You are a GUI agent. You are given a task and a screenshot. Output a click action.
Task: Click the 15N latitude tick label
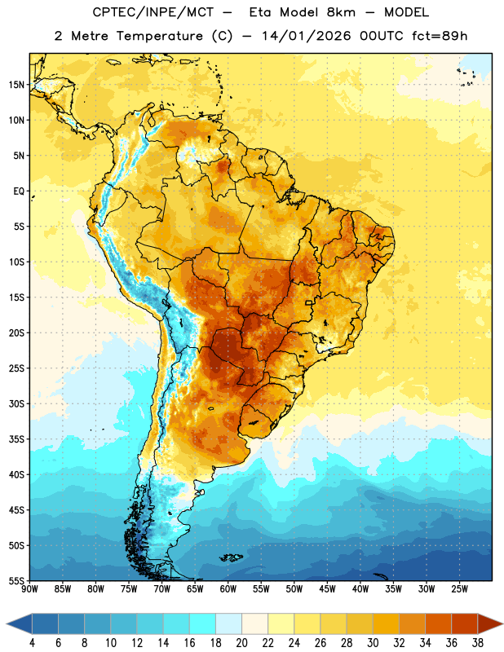16,85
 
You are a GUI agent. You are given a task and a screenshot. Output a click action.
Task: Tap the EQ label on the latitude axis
19,192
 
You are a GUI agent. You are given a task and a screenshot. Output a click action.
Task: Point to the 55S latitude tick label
16,581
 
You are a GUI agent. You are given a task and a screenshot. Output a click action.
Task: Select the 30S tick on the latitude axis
16,403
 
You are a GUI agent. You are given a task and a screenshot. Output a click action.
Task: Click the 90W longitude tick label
29,589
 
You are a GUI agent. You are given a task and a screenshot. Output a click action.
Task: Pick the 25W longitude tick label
459,589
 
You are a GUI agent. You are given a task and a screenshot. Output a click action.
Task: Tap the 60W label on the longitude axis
228,589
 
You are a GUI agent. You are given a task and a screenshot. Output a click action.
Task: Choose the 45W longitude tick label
327,589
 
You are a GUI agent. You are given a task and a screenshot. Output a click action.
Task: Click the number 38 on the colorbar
478,643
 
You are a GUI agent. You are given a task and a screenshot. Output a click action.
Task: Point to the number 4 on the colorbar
32,643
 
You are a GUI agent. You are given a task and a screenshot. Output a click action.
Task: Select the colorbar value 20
241,643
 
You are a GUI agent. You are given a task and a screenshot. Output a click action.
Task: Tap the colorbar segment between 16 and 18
203,623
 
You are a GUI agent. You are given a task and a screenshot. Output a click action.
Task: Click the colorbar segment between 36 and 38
465,623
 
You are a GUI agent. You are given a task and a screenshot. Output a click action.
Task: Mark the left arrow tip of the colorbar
7,623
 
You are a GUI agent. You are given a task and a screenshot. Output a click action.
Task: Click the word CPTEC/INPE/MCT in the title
153,12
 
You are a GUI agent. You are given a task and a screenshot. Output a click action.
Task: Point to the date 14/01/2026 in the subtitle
307,36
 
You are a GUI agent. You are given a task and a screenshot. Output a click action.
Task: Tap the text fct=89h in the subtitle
440,36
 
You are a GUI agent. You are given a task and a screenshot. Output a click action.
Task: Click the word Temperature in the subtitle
159,36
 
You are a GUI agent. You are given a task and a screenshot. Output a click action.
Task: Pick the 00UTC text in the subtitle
382,36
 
